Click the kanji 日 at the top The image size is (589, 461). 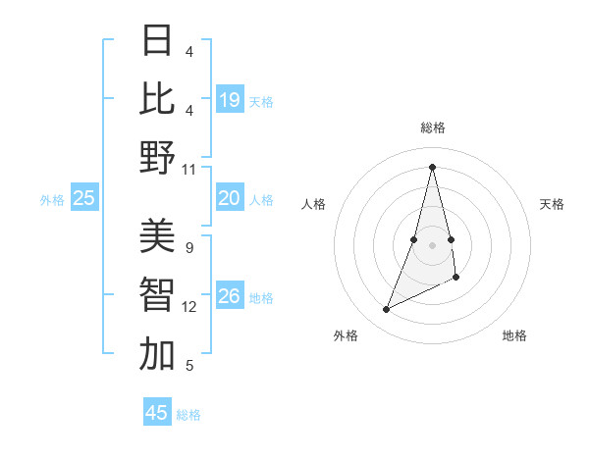click(x=157, y=41)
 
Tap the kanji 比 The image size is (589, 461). click(x=157, y=99)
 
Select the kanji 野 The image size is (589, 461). click(x=157, y=157)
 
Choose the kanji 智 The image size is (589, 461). click(x=157, y=295)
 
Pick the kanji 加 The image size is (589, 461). click(x=157, y=354)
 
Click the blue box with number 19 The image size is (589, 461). click(x=230, y=100)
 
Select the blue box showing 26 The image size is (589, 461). click(x=230, y=296)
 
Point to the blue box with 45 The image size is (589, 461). click(x=157, y=413)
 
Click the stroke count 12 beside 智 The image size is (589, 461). click(x=189, y=307)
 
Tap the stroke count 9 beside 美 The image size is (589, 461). click(x=189, y=248)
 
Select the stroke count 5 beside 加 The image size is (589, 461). click(x=189, y=366)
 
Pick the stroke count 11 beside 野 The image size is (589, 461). click(x=189, y=169)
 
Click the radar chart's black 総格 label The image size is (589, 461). click(x=432, y=128)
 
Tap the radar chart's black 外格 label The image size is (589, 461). click(x=346, y=335)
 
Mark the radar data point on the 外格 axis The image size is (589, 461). click(x=386, y=310)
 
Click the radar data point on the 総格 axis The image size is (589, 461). click(x=432, y=167)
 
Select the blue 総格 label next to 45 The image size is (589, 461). click(x=188, y=415)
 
